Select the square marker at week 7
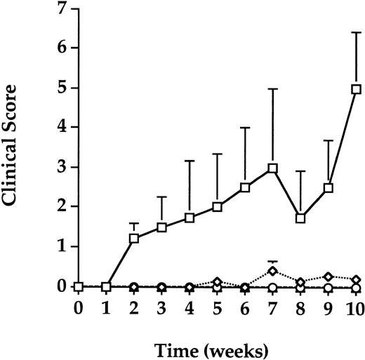coord(272,168)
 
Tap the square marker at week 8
coord(300,218)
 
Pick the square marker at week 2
coord(134,239)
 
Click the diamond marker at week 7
coord(272,271)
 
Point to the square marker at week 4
coord(190,218)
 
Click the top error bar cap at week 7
coord(272,89)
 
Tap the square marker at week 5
coord(217,207)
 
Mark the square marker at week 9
coord(328,188)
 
